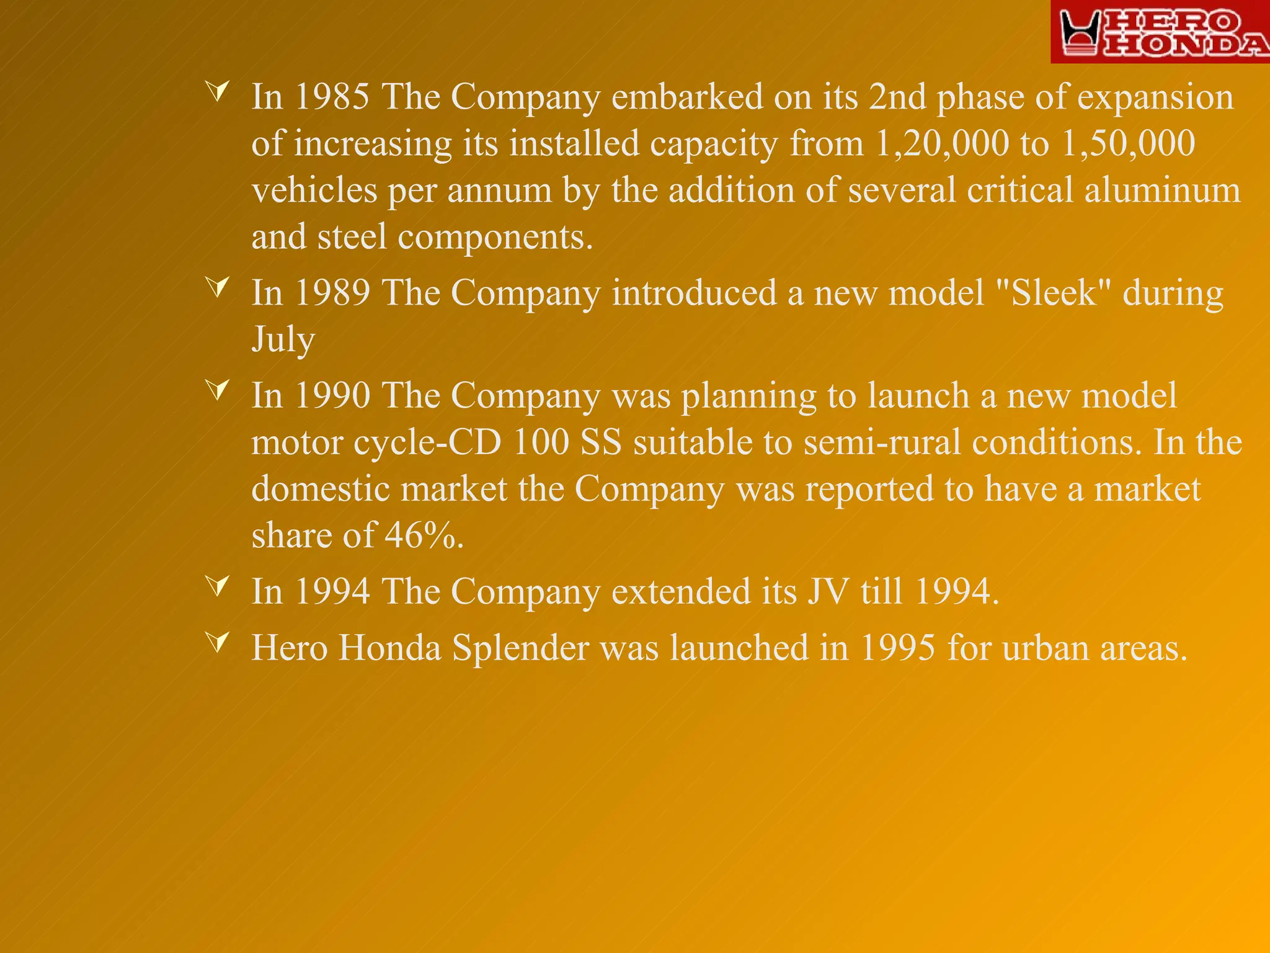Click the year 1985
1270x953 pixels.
point(332,97)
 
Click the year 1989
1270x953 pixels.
point(332,293)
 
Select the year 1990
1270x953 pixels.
point(332,396)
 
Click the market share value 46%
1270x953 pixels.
point(424,535)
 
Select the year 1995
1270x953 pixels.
point(897,648)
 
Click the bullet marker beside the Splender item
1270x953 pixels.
point(218,642)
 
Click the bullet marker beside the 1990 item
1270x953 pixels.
point(218,390)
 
